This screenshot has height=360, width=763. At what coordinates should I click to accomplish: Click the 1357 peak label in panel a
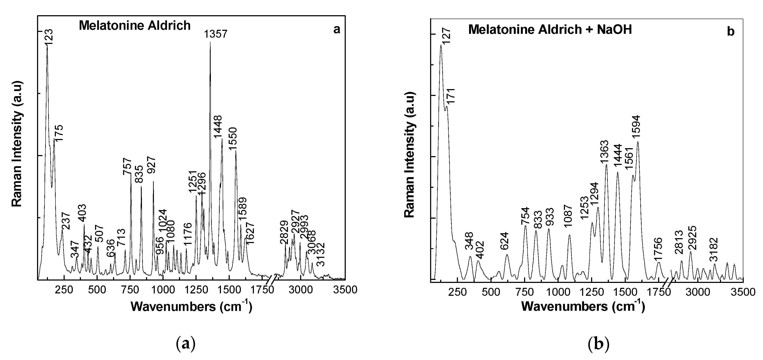click(x=215, y=34)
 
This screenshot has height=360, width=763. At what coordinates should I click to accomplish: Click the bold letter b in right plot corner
click(x=731, y=32)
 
